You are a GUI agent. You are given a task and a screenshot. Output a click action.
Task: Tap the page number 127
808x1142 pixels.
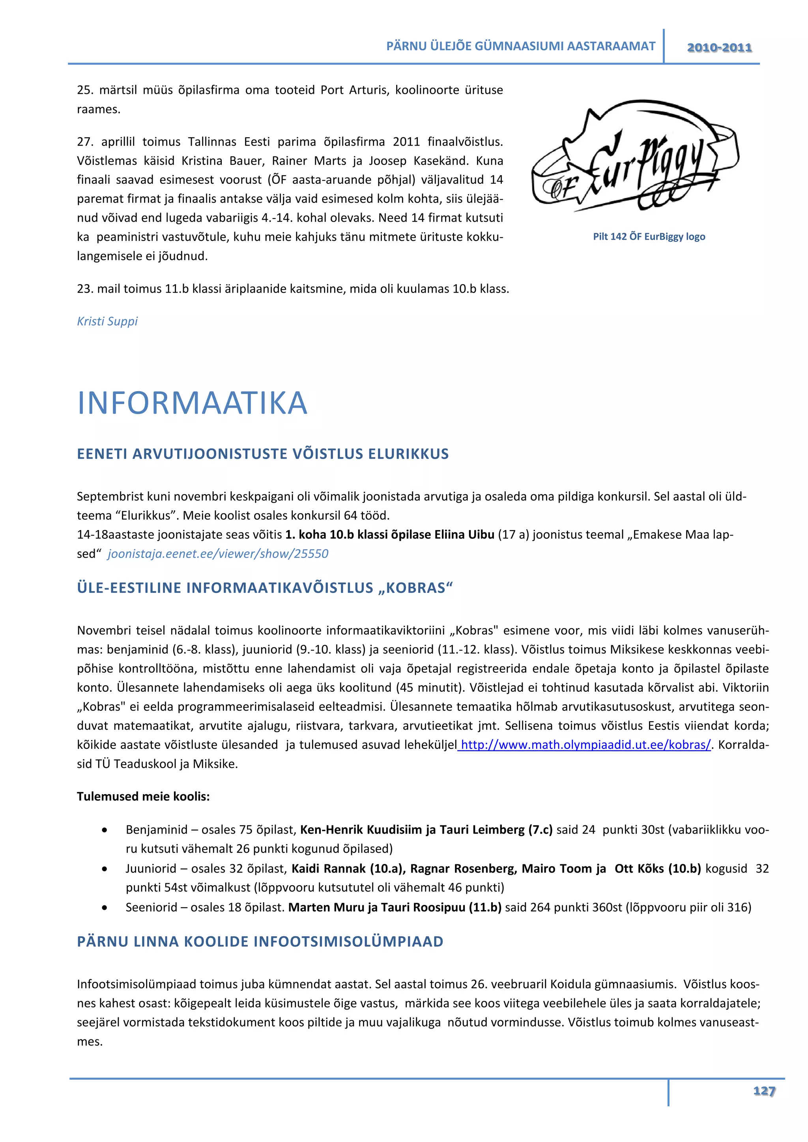click(764, 1091)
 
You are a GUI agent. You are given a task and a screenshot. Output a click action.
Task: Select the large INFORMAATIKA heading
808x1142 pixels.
click(193, 403)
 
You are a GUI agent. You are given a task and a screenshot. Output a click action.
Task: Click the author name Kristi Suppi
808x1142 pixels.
click(107, 321)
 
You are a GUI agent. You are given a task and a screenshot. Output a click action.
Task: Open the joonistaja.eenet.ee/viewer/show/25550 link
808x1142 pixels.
click(218, 554)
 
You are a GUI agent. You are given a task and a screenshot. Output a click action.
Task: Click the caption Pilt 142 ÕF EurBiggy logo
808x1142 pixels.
click(649, 237)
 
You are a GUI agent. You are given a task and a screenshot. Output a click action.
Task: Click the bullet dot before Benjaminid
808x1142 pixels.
click(105, 830)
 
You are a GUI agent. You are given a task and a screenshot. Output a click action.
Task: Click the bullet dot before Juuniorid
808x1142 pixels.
click(105, 869)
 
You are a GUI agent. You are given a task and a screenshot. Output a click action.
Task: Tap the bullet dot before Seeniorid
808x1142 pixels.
click(105, 908)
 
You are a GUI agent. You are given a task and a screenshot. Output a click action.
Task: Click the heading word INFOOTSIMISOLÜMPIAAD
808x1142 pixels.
click(348, 942)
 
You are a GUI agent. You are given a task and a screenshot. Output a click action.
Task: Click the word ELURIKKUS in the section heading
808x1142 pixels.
click(408, 454)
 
